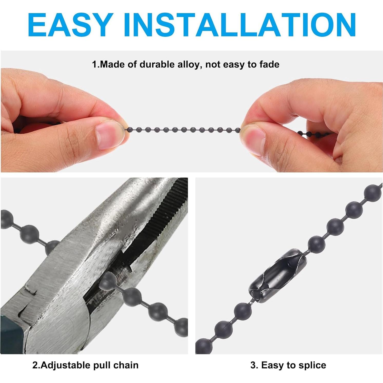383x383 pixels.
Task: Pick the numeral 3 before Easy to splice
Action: [x=253, y=365]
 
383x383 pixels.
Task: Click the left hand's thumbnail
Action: [x=106, y=135]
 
